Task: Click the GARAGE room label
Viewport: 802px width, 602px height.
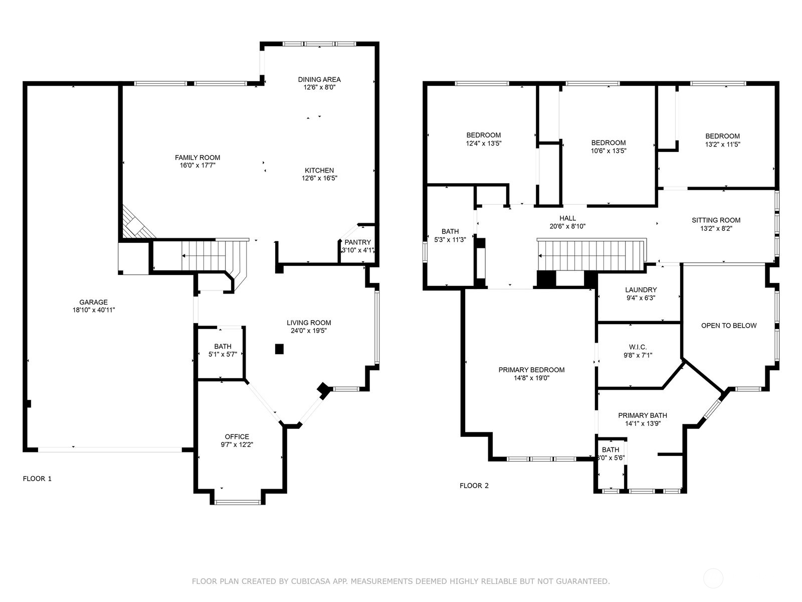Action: point(94,303)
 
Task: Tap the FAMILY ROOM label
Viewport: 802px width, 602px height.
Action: point(197,158)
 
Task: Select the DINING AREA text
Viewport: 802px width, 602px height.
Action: point(319,79)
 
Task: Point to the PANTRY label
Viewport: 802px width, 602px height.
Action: point(358,242)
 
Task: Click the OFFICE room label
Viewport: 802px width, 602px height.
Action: point(237,436)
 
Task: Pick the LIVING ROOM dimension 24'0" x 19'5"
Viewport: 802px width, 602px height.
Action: point(309,331)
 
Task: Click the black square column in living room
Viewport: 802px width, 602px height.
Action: point(279,349)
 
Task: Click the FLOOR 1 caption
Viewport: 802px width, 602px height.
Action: point(37,479)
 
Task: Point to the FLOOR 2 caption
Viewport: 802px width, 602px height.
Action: point(474,486)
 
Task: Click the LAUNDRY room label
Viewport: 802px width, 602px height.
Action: point(641,290)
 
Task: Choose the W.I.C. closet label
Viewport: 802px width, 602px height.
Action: point(638,347)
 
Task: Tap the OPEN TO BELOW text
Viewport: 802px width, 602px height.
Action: point(729,326)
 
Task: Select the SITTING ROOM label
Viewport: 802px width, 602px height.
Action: point(716,220)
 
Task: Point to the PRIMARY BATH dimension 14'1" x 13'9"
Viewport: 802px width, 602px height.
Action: point(643,423)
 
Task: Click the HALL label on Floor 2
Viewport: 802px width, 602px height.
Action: point(567,218)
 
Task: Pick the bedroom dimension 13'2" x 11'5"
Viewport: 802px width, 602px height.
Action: point(722,144)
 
